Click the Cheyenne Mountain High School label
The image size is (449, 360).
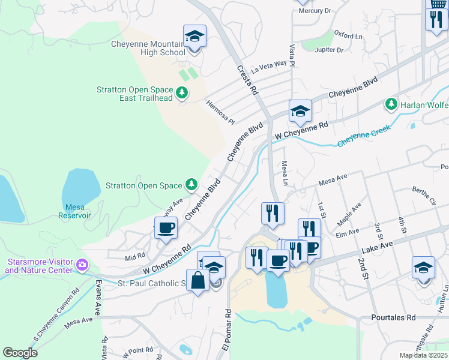point(148,48)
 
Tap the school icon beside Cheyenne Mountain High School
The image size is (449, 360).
point(194,37)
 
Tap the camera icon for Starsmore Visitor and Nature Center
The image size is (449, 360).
point(83,264)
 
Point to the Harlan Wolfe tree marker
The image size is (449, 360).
point(391,104)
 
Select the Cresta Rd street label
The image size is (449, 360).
point(247,82)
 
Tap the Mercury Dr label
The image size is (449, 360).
point(315,11)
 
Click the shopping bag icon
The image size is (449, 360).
point(197,280)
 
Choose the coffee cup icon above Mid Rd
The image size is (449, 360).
point(166,228)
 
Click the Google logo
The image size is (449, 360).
point(20,353)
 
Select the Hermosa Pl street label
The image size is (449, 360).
point(220,112)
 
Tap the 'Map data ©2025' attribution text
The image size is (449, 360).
point(423,355)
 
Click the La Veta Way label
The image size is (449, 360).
point(270,68)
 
